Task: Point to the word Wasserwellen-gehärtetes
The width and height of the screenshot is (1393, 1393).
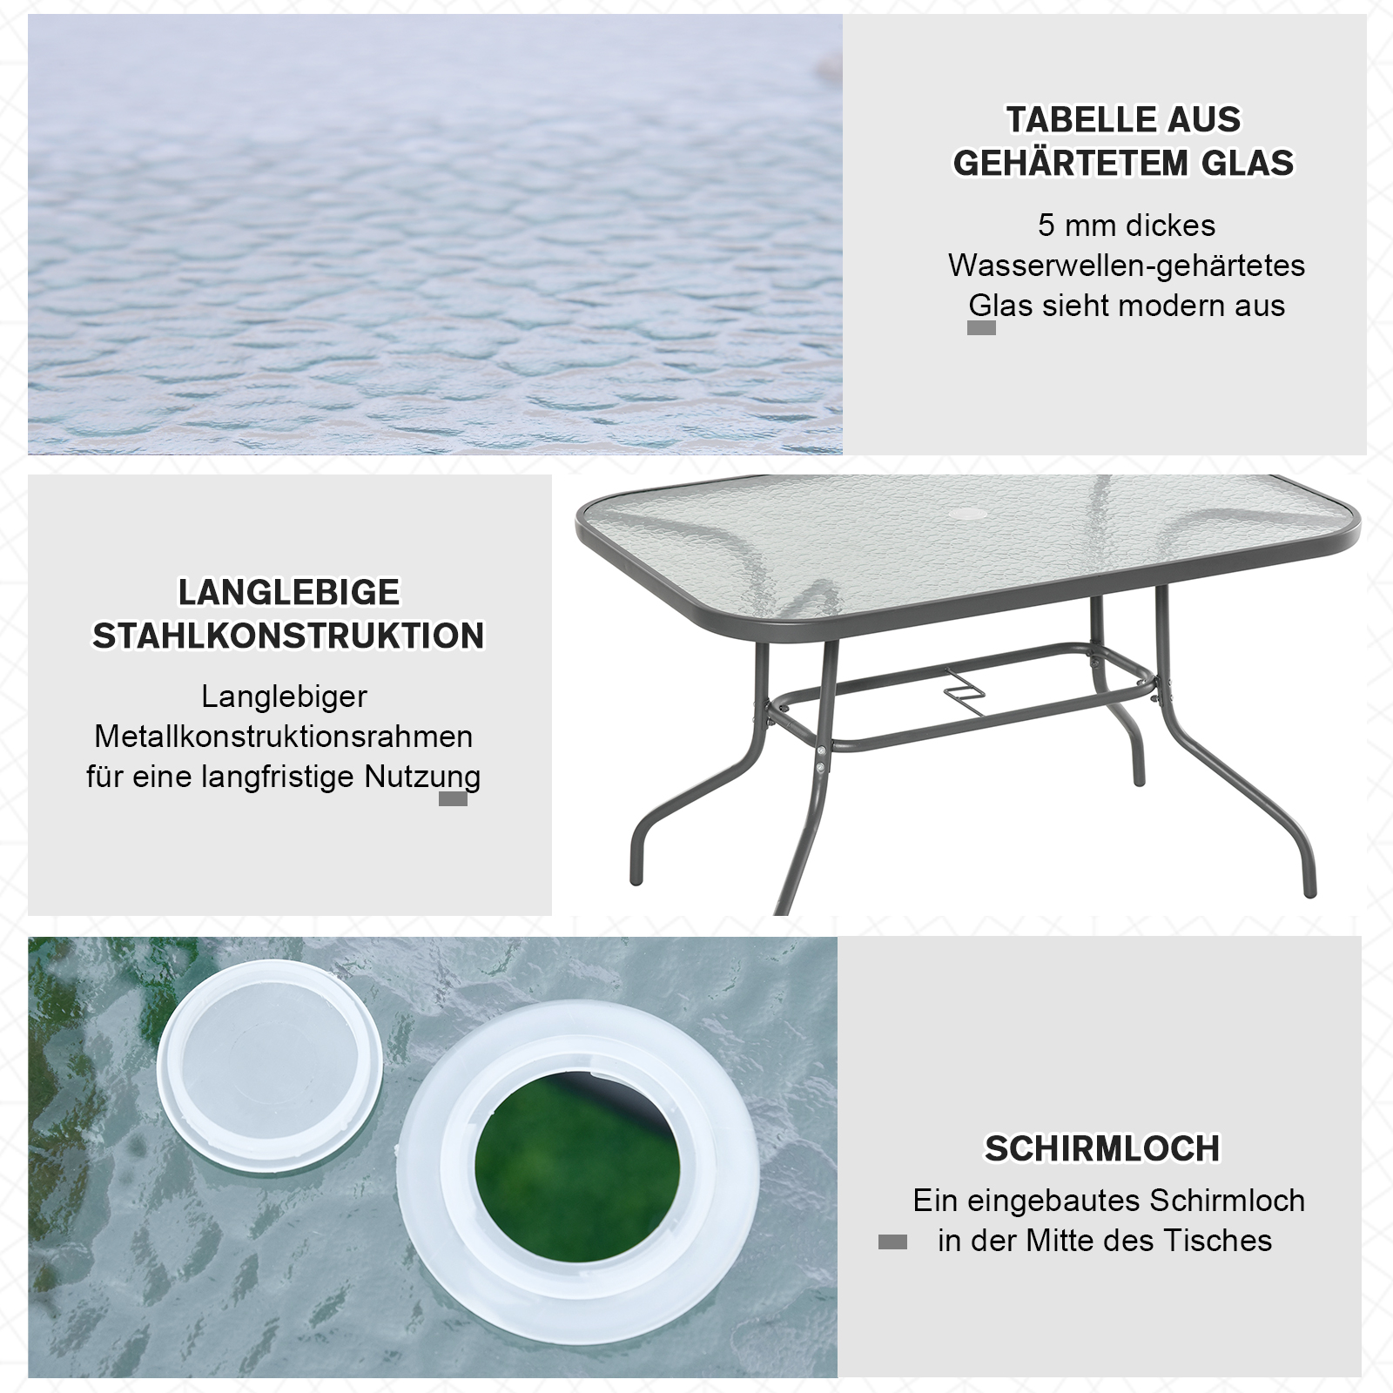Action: click(x=1127, y=266)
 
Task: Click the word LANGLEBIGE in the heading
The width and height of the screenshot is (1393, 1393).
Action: click(x=289, y=592)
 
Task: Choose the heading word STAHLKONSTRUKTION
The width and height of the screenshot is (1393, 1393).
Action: click(x=288, y=636)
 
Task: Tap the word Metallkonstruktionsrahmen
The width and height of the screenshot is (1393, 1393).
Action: click(x=284, y=737)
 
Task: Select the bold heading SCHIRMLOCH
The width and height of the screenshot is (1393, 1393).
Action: click(x=1102, y=1149)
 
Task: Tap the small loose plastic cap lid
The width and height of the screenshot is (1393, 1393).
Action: click(x=270, y=1040)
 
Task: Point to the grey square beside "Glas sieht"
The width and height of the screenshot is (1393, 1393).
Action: click(x=981, y=328)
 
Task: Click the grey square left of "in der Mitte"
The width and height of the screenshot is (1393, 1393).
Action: click(x=892, y=1242)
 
